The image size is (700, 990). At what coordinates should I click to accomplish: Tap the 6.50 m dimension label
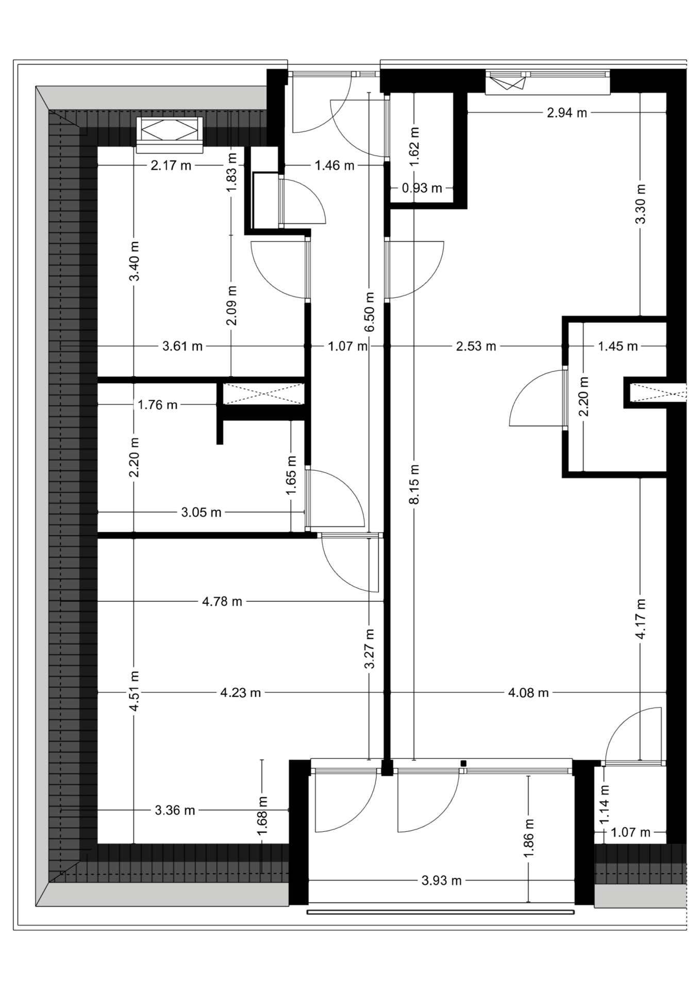point(369,312)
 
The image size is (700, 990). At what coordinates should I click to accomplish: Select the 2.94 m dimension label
point(567,113)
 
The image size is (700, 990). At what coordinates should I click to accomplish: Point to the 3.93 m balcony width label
point(442,880)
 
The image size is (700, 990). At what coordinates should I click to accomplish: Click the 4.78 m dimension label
point(222,601)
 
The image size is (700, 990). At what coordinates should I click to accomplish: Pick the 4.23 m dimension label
point(241,692)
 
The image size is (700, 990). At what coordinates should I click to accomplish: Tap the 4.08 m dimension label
point(528,692)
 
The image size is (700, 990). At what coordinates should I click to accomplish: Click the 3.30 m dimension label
point(640,204)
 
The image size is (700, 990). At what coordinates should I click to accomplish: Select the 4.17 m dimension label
point(640,619)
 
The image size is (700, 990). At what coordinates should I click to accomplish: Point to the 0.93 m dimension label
point(422,188)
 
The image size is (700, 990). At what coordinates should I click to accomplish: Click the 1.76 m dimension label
point(158,405)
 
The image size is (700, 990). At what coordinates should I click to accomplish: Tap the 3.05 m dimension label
point(202,512)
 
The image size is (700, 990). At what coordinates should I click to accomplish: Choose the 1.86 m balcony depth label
point(528,839)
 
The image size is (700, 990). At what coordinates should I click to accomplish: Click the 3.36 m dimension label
point(175,810)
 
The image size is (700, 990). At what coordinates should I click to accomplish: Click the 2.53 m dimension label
point(476,346)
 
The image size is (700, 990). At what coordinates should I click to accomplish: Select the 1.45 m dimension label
point(618,346)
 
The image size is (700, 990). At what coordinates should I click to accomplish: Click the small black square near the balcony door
point(463,763)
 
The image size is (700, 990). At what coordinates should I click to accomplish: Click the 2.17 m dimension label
point(171,166)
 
